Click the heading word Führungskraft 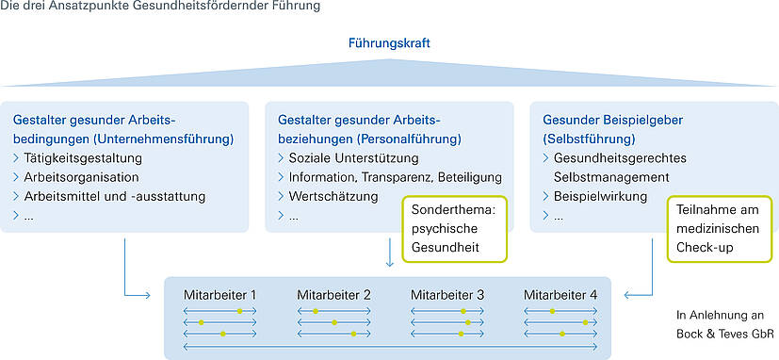click(389, 43)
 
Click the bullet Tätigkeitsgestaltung click(83, 157)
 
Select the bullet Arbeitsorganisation click(81, 177)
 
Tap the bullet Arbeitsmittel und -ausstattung click(114, 197)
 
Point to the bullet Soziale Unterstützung click(353, 157)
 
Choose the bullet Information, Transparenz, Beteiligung click(395, 177)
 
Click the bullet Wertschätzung click(333, 197)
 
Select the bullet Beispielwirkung click(600, 197)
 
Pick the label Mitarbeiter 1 click(219, 295)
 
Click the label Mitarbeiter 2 click(333, 295)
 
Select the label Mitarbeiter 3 click(447, 295)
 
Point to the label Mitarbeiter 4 click(560, 295)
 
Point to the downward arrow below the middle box click(389, 253)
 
